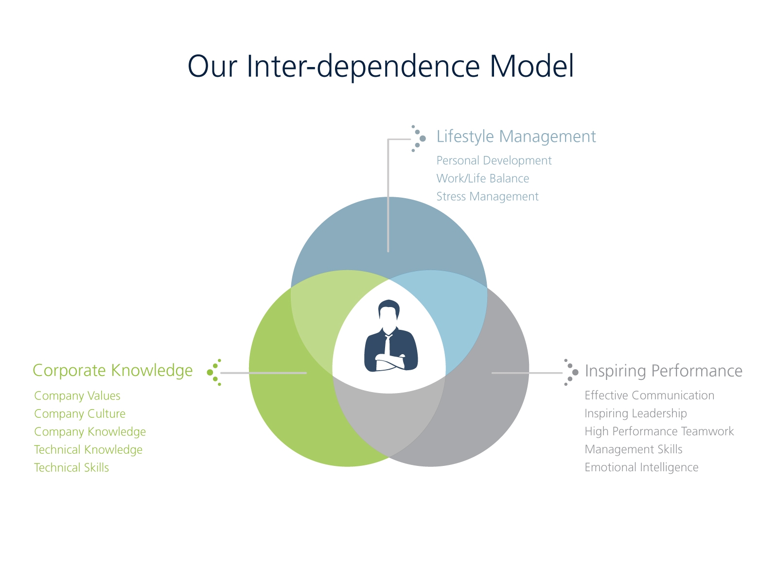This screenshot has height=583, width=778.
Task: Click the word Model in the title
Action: (x=531, y=67)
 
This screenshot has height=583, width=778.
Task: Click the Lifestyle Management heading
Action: (x=516, y=137)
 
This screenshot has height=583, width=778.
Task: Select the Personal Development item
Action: (x=494, y=161)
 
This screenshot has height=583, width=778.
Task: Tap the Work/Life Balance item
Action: (x=482, y=179)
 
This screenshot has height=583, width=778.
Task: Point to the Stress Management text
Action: (x=487, y=197)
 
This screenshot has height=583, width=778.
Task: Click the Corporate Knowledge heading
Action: (x=112, y=370)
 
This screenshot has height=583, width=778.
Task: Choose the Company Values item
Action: (x=77, y=396)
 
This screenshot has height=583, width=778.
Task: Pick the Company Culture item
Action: (x=79, y=414)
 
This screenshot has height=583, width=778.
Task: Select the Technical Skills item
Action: (x=71, y=468)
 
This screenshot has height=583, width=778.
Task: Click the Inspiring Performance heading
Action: (x=663, y=371)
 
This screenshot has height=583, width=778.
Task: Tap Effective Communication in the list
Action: (x=649, y=395)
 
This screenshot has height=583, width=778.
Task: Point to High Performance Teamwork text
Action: (x=659, y=431)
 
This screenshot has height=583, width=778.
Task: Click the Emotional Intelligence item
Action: (x=641, y=467)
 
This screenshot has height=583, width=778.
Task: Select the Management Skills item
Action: (x=633, y=449)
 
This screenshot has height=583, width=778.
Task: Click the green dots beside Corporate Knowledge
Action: (x=214, y=373)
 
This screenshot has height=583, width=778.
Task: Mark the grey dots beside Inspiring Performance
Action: (x=571, y=372)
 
